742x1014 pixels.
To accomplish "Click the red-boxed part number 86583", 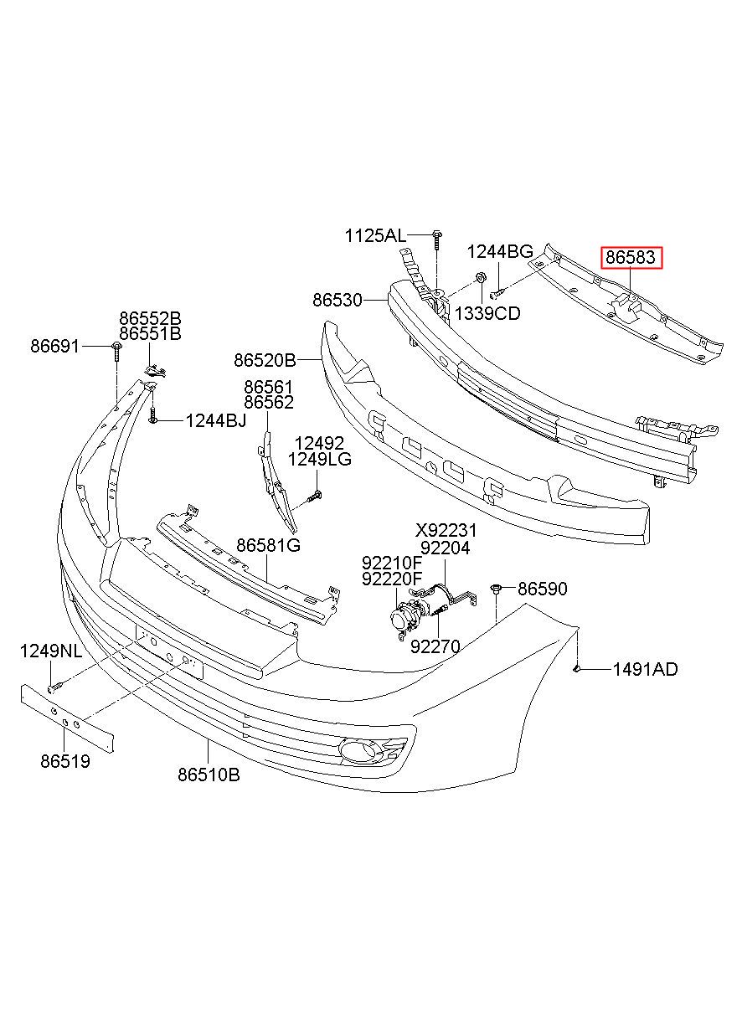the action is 631,258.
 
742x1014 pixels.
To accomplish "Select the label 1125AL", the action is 376,236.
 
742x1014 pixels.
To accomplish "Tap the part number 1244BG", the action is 500,252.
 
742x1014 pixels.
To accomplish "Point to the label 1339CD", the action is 487,313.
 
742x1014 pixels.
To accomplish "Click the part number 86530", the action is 338,300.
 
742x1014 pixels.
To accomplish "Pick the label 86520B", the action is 265,360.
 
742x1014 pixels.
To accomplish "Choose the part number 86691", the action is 54,347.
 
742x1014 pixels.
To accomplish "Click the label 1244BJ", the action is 216,421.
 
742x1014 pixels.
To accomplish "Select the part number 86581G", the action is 269,545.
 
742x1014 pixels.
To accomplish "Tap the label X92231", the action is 446,530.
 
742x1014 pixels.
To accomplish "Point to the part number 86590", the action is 543,589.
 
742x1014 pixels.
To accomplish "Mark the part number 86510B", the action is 209,775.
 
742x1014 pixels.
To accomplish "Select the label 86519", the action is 65,761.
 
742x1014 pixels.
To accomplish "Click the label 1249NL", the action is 51,651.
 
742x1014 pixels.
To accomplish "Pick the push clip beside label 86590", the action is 496,589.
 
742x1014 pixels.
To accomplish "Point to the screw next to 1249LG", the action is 314,497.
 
